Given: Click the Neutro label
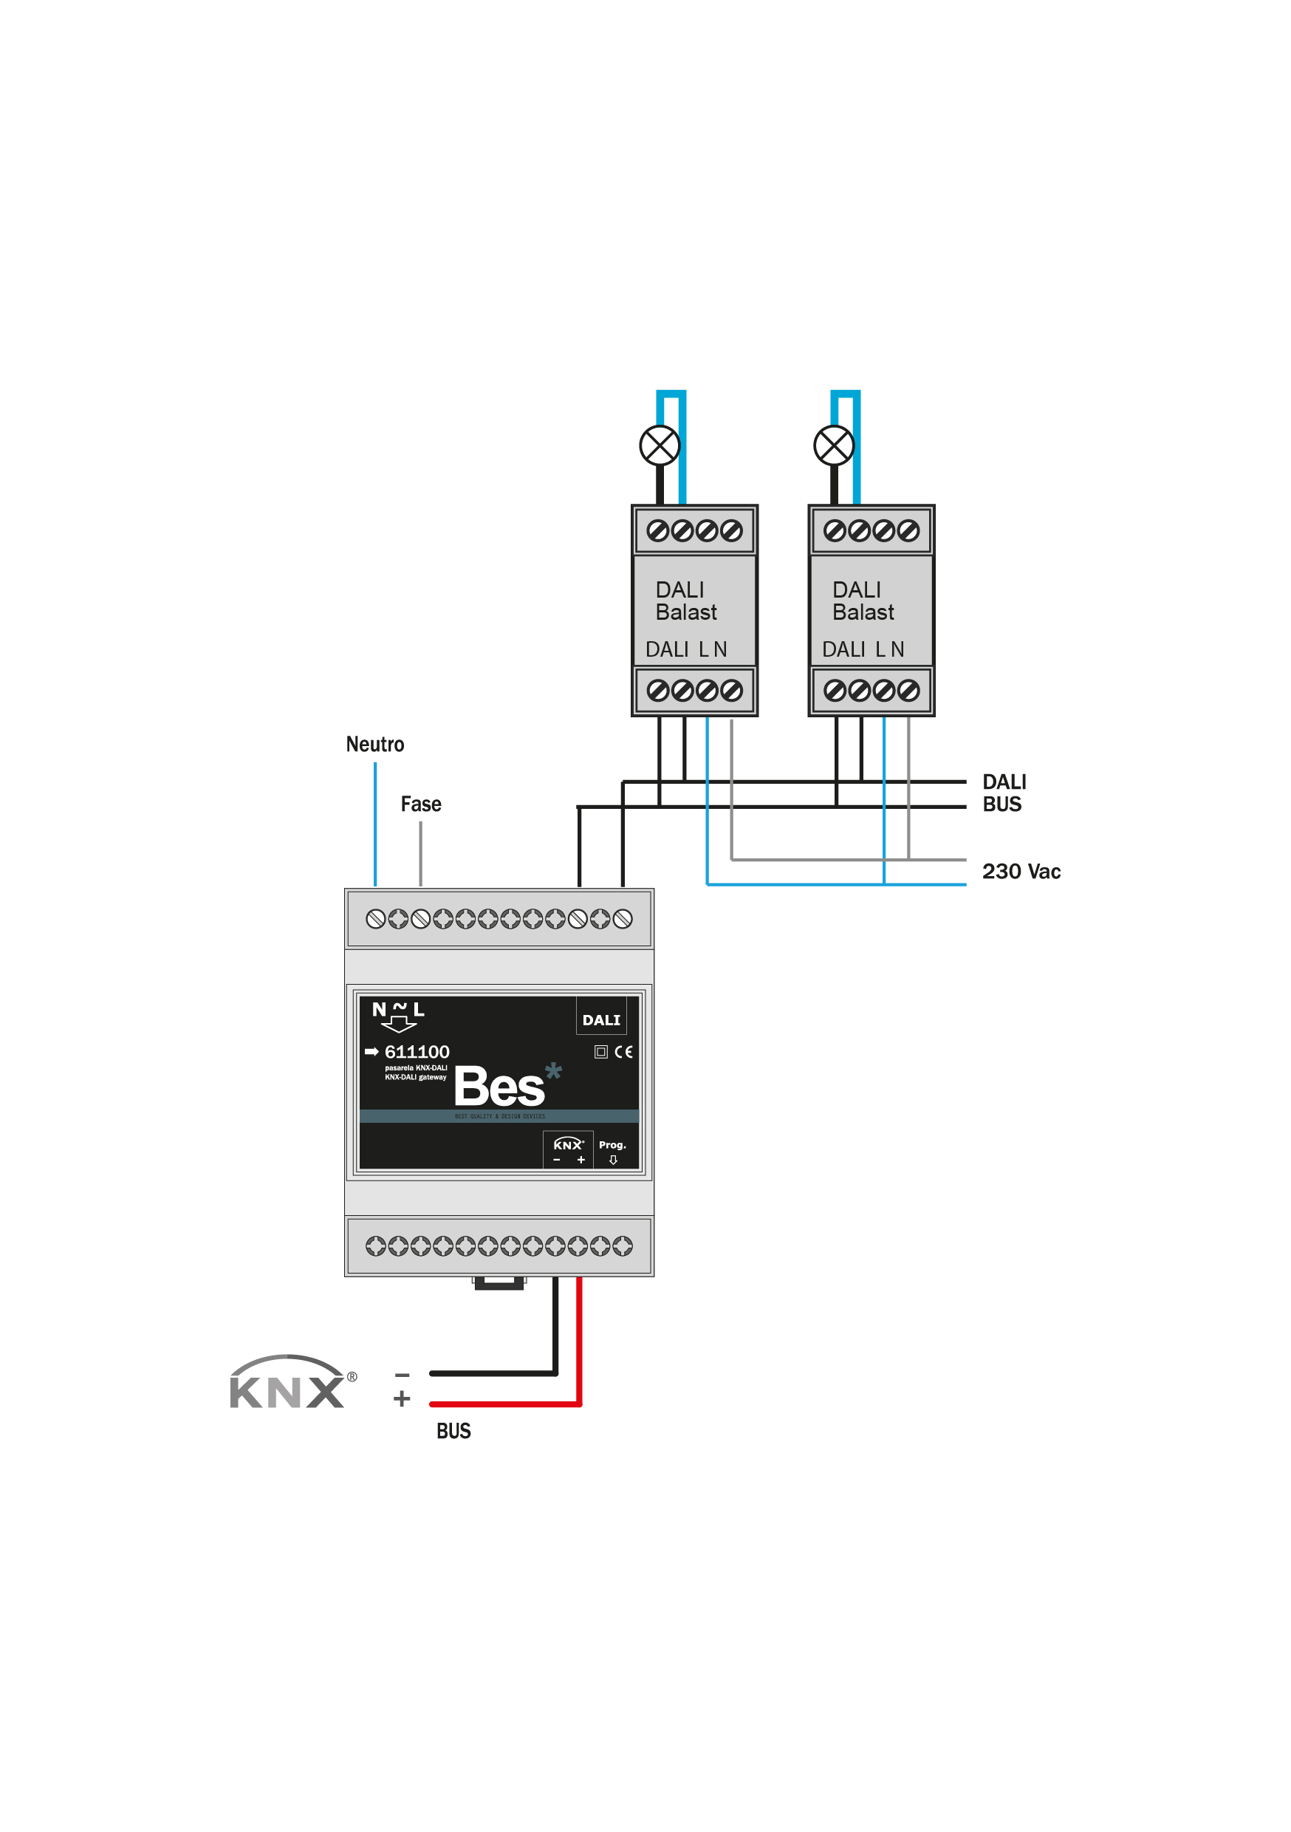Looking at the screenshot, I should click(374, 745).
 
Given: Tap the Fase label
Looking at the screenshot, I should click(420, 804).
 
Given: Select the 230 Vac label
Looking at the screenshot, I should click(1021, 872).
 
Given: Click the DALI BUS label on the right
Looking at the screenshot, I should click(1003, 793).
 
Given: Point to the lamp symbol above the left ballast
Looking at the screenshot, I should click(659, 445).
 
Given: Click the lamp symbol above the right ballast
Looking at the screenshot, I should click(833, 445).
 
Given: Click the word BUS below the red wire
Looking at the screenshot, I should click(453, 1432).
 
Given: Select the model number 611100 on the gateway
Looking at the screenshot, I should click(417, 1052).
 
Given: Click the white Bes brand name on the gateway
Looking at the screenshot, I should click(499, 1087).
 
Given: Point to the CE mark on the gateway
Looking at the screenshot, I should click(623, 1052).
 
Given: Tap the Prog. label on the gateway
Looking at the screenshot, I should click(612, 1145).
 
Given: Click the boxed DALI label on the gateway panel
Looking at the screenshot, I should click(601, 1019).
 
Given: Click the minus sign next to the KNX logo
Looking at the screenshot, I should click(402, 1375).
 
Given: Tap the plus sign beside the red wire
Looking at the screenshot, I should click(402, 1398).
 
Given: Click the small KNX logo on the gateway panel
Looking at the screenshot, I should click(568, 1145).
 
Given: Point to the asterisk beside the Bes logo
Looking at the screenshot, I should click(553, 1072).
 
